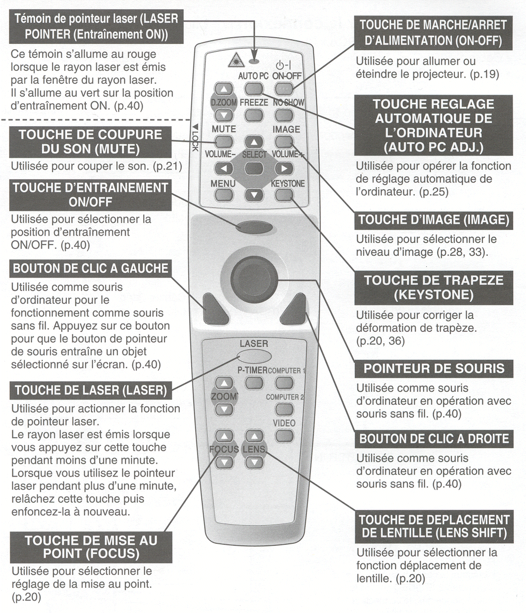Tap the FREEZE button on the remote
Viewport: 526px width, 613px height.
[x=254, y=115]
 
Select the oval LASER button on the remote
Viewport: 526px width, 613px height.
[x=254, y=357]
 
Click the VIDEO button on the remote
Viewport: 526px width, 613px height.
[x=284, y=436]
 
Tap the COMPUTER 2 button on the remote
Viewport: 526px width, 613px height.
[x=284, y=409]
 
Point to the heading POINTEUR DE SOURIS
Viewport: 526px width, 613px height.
[x=434, y=369]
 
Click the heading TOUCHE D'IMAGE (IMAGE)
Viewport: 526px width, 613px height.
[x=434, y=220]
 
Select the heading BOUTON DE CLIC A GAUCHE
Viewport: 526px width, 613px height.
[x=91, y=268]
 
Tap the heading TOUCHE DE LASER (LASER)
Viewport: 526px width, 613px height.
[x=91, y=390]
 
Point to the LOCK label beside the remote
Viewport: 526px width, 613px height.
[x=195, y=139]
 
